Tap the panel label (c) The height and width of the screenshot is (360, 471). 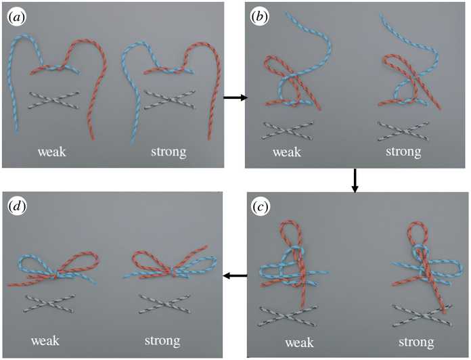tap(260, 207)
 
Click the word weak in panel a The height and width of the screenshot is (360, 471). tap(51, 152)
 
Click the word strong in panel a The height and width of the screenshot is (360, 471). tap(169, 152)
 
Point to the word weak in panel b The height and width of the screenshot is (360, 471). tap(286, 152)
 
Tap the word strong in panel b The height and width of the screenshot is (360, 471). tap(403, 152)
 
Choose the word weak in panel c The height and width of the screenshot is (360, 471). tap(299, 342)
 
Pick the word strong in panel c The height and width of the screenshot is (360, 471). tap(416, 342)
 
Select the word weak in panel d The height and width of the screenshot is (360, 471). tap(45, 341)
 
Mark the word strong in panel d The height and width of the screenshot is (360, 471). tap(162, 341)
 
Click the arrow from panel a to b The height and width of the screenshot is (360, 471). tap(235, 97)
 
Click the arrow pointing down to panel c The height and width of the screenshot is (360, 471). tap(355, 181)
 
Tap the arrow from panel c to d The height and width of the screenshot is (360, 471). tap(235, 275)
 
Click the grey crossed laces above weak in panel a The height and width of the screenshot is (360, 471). tap(53, 100)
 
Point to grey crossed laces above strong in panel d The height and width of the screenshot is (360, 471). tap(164, 304)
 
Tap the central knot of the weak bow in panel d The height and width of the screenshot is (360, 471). tap(55, 274)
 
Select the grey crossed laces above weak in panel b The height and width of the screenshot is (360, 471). tap(288, 131)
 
